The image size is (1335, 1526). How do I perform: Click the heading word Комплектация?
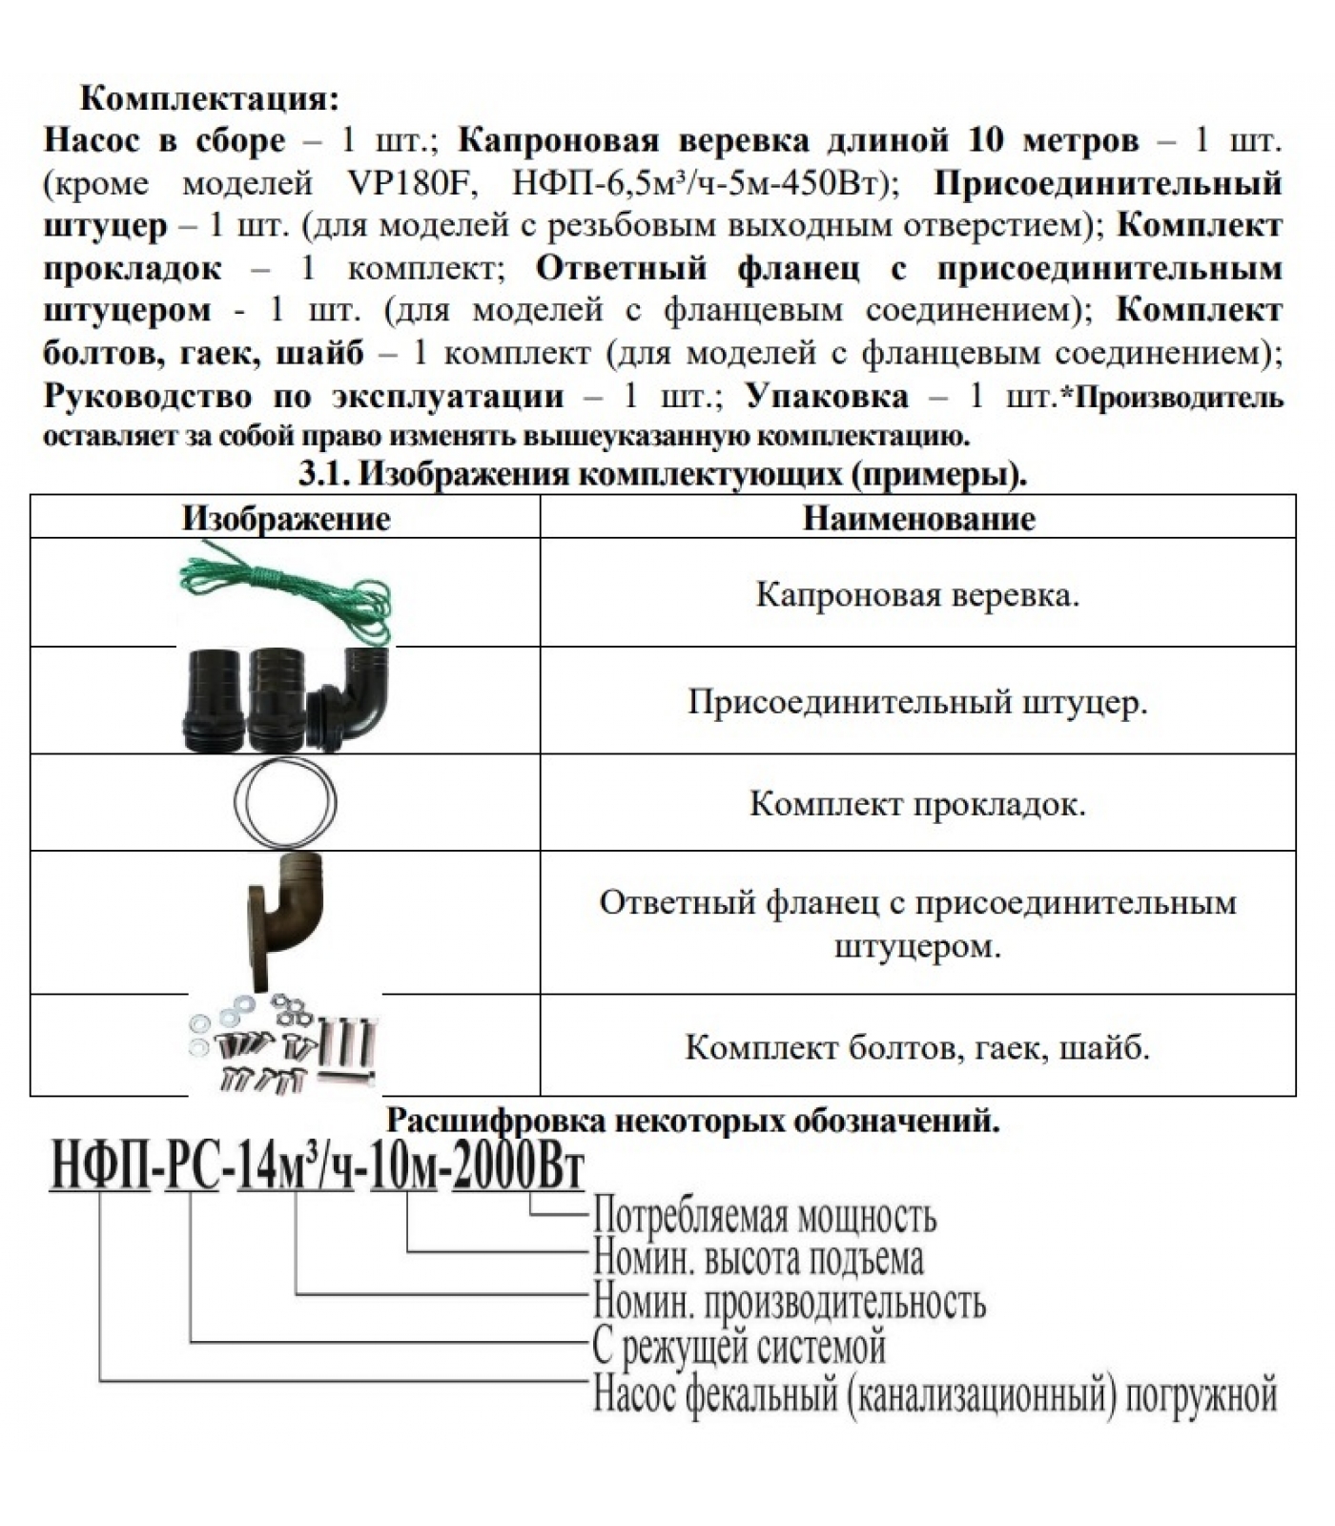click(209, 98)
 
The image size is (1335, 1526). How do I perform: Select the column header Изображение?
click(286, 518)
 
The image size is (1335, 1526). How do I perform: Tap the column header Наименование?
click(918, 518)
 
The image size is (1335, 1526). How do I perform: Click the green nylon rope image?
click(286, 593)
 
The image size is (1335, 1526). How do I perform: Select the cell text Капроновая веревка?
click(917, 594)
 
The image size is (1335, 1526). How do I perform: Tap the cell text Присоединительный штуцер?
click(917, 702)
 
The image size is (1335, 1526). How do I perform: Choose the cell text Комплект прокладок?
click(917, 803)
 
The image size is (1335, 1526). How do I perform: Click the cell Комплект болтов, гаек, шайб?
click(917, 1047)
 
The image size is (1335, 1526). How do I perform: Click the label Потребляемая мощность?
click(765, 1216)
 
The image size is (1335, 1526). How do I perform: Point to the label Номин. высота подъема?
click(758, 1259)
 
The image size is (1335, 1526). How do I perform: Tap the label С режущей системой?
click(739, 1346)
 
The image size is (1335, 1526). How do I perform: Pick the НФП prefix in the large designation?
click(100, 1167)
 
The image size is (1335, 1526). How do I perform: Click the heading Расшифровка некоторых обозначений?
click(692, 1119)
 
